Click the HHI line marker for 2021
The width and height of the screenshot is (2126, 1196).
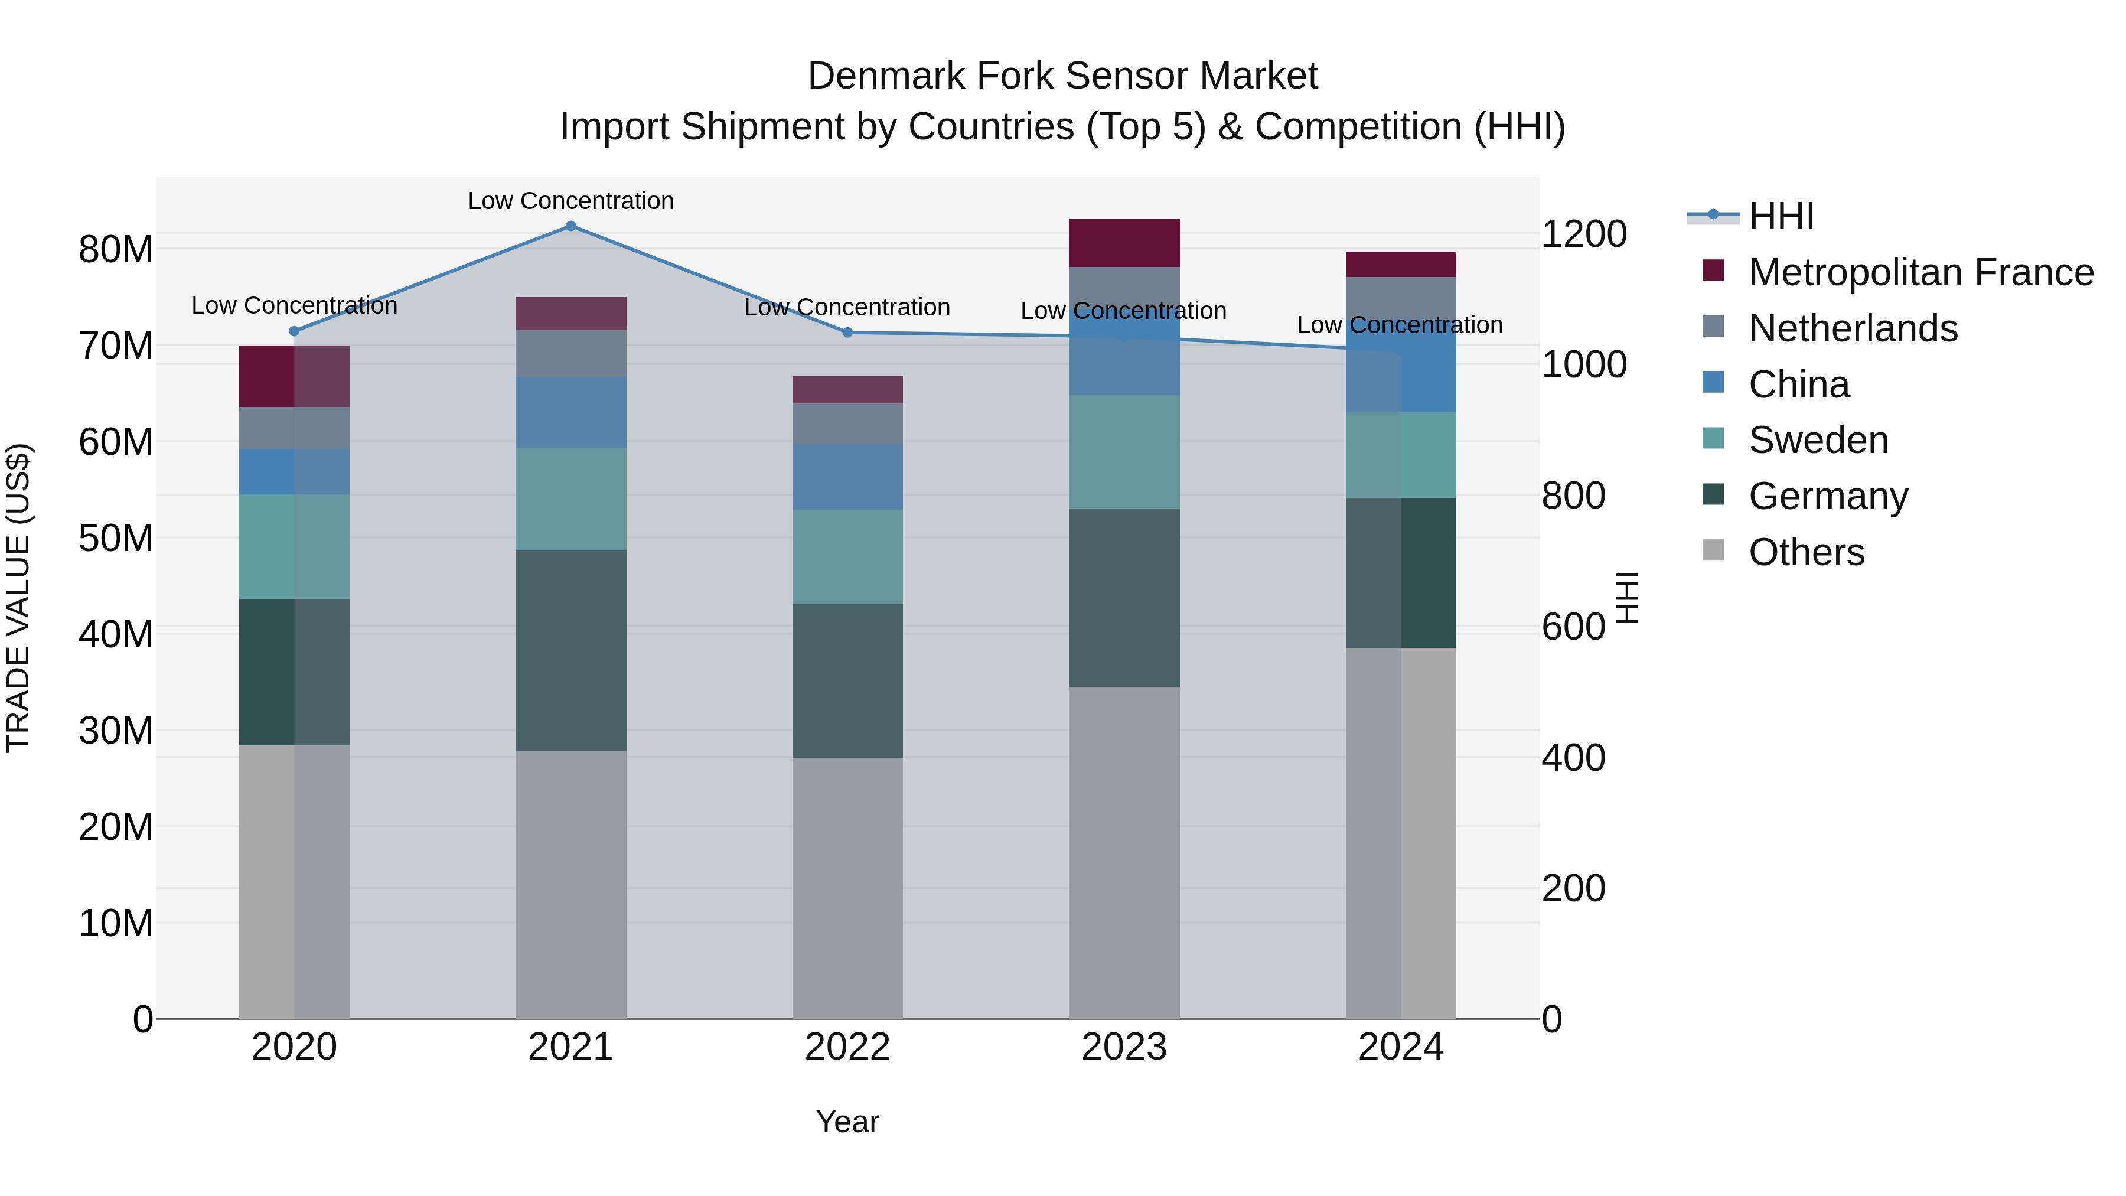point(570,226)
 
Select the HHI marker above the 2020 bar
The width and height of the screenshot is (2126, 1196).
point(294,331)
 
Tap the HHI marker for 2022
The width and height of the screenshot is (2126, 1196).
point(847,333)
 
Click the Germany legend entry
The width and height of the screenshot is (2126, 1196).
point(1827,496)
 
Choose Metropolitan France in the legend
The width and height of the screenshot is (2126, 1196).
point(1920,272)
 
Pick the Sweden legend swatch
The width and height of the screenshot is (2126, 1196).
point(1713,438)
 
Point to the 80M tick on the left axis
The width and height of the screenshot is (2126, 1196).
point(116,249)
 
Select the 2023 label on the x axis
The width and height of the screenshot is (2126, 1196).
point(1123,1047)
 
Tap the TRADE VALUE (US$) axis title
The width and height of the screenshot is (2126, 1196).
point(18,598)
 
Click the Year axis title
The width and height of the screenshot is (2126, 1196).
point(847,1122)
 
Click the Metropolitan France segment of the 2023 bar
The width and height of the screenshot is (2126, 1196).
point(1123,243)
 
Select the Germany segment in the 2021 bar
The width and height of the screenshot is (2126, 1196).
point(570,650)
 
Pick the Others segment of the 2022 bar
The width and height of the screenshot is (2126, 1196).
point(847,887)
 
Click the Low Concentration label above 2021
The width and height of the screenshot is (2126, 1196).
point(570,201)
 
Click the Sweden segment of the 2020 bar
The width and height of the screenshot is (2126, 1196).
point(294,546)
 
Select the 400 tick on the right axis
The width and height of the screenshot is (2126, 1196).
point(1572,758)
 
